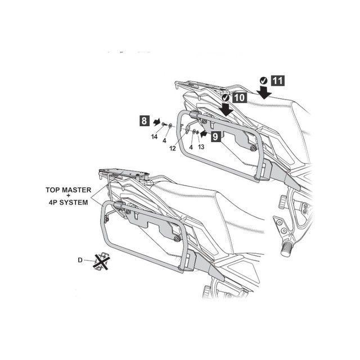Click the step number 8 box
[144, 121]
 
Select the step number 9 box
[215, 137]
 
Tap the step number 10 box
[240, 98]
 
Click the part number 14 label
[154, 137]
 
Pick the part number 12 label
[173, 148]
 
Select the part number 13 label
[201, 147]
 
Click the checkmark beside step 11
[264, 80]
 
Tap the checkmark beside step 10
[226, 98]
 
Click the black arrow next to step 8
[157, 122]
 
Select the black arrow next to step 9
[204, 134]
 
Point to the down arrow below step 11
[264, 92]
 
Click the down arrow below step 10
[226, 109]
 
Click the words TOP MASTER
[68, 190]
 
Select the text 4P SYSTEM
[69, 202]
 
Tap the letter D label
[80, 260]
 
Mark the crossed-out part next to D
[101, 261]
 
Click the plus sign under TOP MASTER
[68, 196]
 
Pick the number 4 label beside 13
[191, 147]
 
